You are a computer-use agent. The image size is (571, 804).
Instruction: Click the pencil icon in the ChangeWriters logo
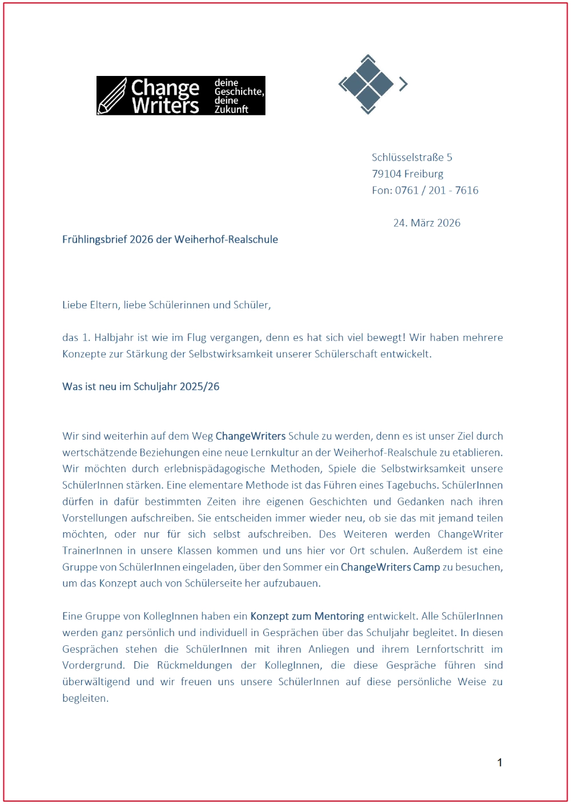tap(112, 96)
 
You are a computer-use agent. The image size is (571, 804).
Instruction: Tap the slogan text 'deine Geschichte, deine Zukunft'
tap(238, 96)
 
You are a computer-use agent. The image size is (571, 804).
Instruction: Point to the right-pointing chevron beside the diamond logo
tap(403, 84)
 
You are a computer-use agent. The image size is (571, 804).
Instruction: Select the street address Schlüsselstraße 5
tap(412, 157)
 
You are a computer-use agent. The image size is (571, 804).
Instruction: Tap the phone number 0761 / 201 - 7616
tap(436, 190)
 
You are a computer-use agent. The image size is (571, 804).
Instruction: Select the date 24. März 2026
tap(427, 223)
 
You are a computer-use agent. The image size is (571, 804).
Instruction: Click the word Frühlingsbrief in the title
tap(94, 239)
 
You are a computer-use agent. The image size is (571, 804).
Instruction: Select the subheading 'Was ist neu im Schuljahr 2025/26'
tap(140, 387)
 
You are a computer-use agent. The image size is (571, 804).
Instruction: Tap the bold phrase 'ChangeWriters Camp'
tap(390, 567)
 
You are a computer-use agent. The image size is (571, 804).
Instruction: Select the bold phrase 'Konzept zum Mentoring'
tap(307, 616)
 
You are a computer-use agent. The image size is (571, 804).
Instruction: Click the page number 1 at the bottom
tap(500, 762)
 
